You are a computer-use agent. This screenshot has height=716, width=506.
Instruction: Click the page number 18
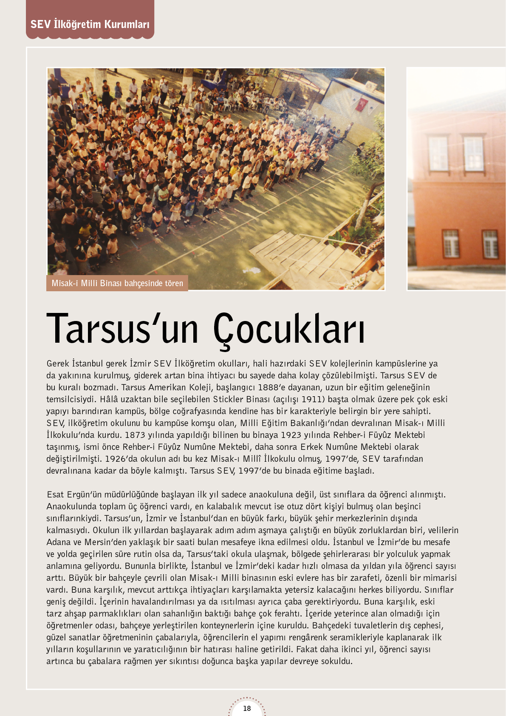coord(247,708)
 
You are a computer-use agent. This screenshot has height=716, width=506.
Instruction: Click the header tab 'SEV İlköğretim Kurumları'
coord(90,24)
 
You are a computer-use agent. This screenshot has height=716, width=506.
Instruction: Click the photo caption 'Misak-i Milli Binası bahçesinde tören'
coord(117,283)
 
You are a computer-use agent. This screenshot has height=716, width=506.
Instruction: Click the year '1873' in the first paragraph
coord(136,435)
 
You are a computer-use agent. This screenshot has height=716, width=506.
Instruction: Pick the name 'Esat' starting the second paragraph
coord(55,494)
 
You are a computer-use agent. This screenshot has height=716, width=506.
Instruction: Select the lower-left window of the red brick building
coord(450,244)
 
